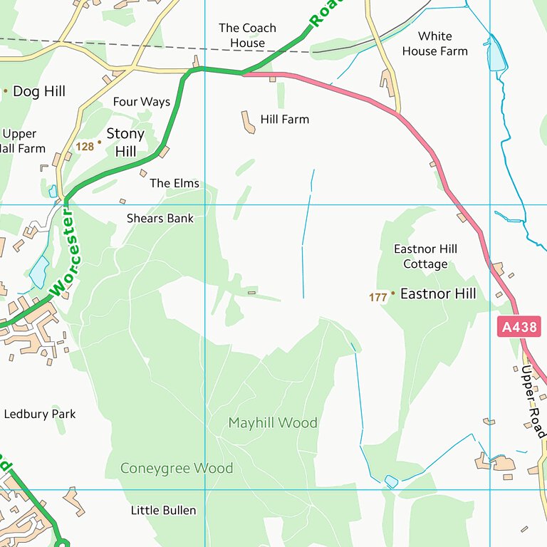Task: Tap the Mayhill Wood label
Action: point(272,423)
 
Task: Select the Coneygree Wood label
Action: point(177,468)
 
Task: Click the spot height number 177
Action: point(377,298)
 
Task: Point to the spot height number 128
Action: point(85,147)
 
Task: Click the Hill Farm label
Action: point(285,120)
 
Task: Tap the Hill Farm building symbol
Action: point(249,122)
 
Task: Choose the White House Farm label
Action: point(434,43)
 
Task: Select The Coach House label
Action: point(247,36)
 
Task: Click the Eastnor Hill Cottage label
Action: point(425,256)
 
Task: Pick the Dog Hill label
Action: point(39,91)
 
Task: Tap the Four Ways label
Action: point(142,102)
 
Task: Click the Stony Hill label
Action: point(125,142)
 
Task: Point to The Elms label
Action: point(174,183)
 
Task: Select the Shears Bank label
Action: point(160,218)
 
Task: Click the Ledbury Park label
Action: point(40,414)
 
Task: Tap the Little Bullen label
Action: point(163,510)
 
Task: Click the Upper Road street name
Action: point(533,402)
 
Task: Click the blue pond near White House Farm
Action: point(496,55)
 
